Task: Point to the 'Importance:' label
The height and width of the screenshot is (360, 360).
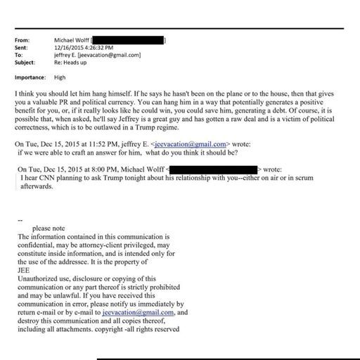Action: point(30,77)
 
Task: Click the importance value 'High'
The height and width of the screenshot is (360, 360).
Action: point(60,77)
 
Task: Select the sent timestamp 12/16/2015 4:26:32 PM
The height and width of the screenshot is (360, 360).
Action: point(81,47)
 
